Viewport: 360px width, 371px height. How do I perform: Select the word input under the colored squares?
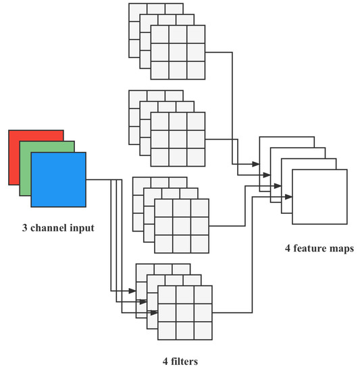(79, 227)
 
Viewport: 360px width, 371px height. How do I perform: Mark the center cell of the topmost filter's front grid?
(178, 52)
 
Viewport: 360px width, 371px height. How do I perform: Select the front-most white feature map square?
(319, 196)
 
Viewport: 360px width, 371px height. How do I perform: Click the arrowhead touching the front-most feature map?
(288, 197)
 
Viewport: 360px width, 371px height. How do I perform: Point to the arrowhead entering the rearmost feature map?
(257, 164)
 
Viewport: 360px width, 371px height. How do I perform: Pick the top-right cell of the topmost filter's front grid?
(196, 34)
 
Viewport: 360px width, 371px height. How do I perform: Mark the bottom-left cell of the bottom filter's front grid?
(167, 331)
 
